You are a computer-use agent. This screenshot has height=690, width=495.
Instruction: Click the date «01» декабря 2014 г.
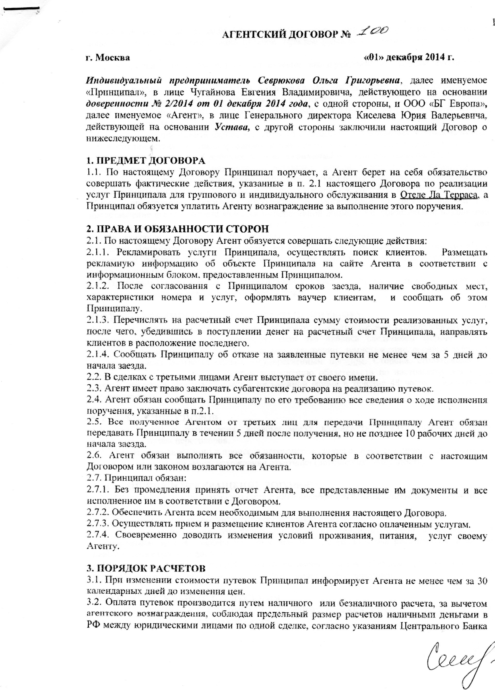click(x=409, y=57)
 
